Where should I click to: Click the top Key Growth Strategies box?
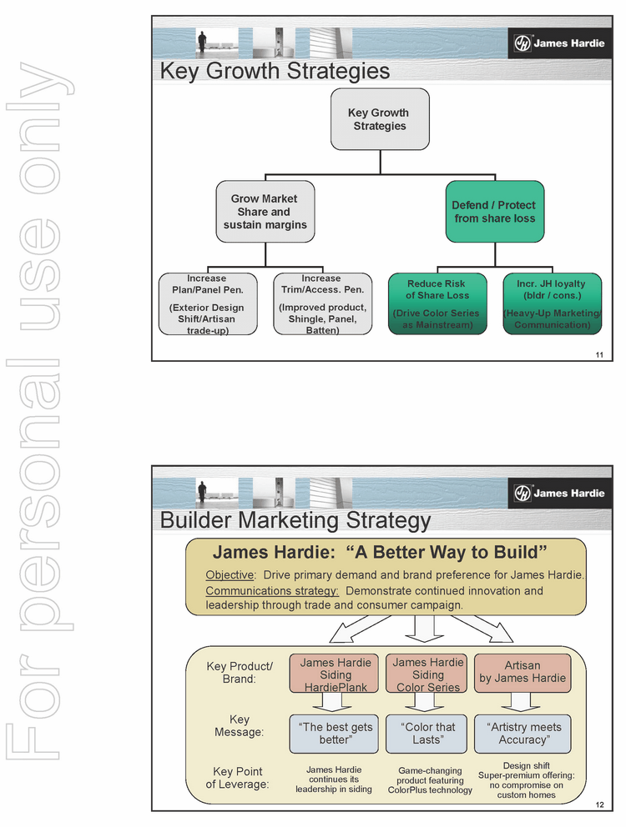point(380,119)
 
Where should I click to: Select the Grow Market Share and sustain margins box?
point(265,212)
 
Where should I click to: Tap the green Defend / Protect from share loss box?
point(494,212)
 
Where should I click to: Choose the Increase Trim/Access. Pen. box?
point(322,303)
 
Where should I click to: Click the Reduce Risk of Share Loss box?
point(436,303)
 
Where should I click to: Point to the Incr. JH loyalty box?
point(551,303)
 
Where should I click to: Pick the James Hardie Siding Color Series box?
point(428,674)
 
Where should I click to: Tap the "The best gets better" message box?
point(336,734)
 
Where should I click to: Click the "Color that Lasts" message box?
point(428,734)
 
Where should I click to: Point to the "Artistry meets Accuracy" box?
point(523,734)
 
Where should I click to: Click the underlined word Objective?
point(230,575)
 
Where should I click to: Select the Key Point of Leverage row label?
point(238,778)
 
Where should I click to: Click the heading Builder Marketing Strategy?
point(295,521)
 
